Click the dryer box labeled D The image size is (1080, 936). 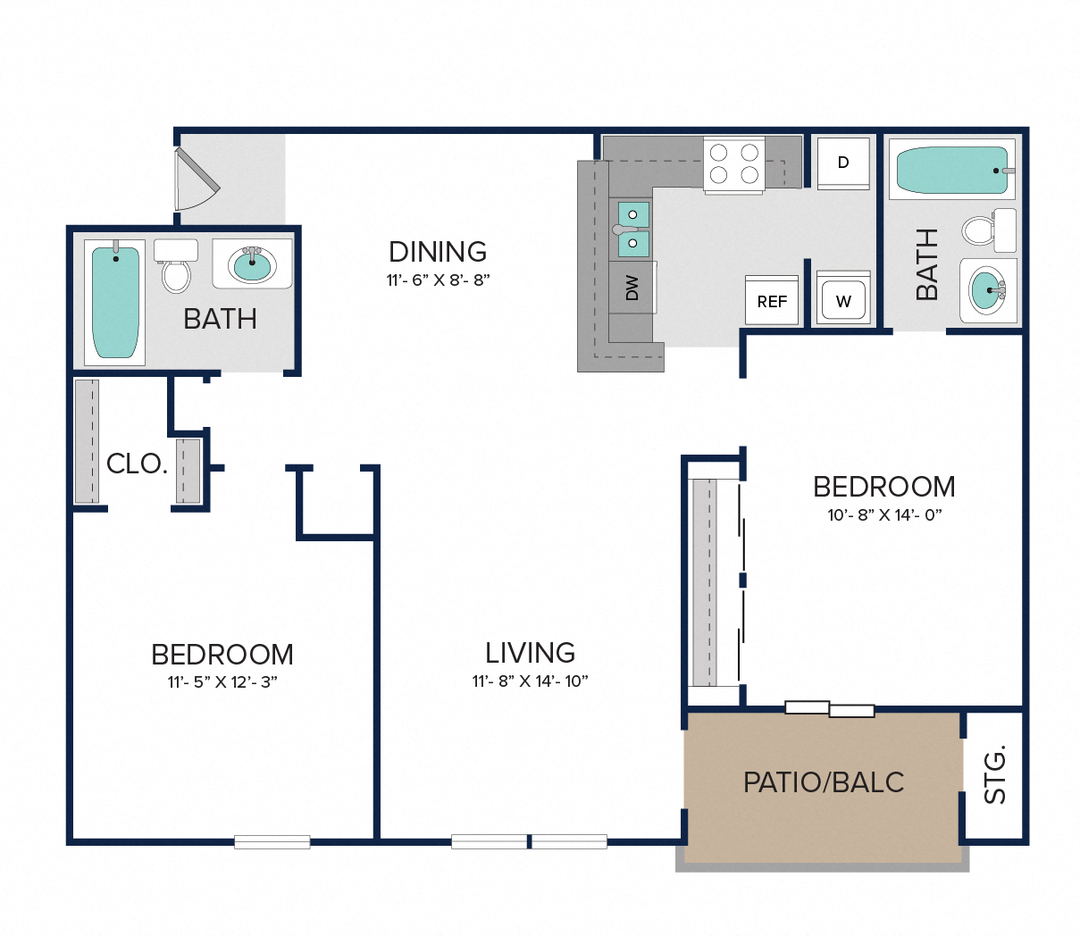click(842, 163)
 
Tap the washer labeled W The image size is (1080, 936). click(842, 297)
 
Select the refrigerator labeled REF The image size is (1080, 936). click(772, 300)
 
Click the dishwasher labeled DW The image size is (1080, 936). click(632, 288)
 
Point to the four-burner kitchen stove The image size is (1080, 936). click(734, 164)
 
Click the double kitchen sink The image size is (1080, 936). click(633, 230)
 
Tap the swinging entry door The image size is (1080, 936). click(196, 179)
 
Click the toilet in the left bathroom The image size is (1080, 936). click(176, 266)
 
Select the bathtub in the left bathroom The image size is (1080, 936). click(115, 303)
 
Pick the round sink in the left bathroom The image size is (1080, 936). click(253, 263)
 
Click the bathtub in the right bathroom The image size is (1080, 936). click(952, 169)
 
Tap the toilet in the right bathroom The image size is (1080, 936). click(989, 230)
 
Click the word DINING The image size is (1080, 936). click(438, 252)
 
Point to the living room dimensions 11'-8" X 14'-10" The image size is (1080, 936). click(530, 681)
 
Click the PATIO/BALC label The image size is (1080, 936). click(824, 782)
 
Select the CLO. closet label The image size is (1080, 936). click(137, 464)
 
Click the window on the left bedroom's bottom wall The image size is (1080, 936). click(272, 841)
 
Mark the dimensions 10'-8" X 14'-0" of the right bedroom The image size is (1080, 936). click(884, 515)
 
